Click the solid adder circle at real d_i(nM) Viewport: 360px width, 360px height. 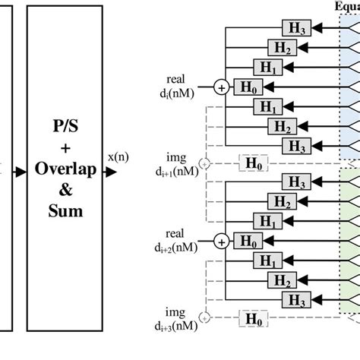click(222, 87)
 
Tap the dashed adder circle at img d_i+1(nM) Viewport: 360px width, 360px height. click(204, 163)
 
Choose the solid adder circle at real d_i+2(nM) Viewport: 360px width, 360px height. click(222, 242)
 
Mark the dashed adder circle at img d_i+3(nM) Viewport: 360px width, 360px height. click(204, 316)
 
